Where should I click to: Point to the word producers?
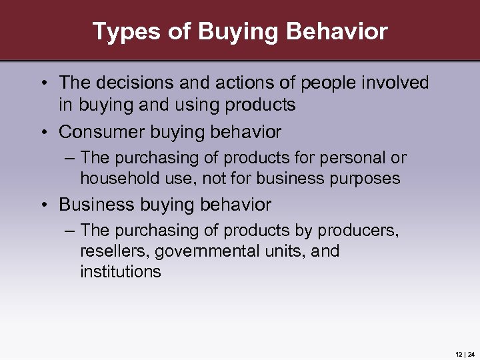tap(357, 231)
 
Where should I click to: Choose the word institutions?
tap(121, 271)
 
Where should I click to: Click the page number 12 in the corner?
tap(459, 354)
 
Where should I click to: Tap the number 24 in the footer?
tap(471, 354)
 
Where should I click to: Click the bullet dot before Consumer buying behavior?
tap(42, 132)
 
